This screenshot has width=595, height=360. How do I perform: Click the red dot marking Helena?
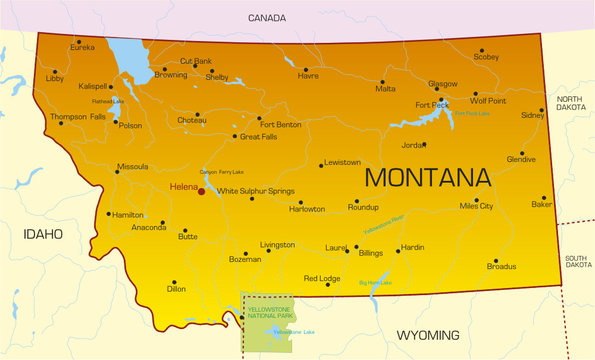[x=201, y=190]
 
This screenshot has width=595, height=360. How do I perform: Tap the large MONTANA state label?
[x=428, y=178]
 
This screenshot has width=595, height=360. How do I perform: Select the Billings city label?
[x=371, y=254]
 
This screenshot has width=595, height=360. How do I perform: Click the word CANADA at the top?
[x=268, y=17]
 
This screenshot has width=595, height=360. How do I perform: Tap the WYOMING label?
[x=428, y=335]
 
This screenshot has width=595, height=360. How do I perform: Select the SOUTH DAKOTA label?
[x=577, y=261]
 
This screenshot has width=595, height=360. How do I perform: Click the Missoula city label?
[x=132, y=167]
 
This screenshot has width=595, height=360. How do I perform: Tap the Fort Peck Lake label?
[x=472, y=114]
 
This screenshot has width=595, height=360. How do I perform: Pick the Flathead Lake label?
[x=109, y=101]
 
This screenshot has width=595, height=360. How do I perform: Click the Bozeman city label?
[x=245, y=259]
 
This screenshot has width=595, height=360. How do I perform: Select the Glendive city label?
[x=521, y=159]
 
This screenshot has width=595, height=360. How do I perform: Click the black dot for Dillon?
[x=173, y=282]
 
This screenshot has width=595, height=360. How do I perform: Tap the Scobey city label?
[x=486, y=57]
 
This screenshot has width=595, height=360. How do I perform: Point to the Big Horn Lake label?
[x=376, y=283]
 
